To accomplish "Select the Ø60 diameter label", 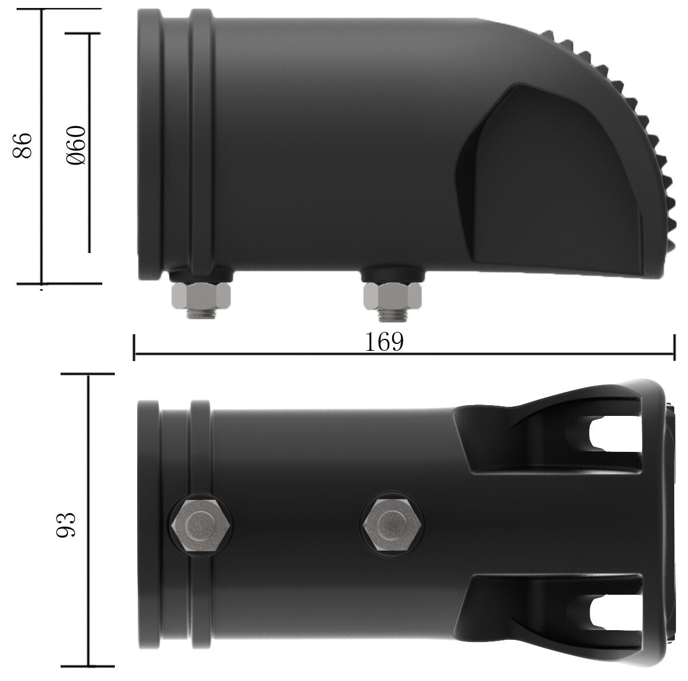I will (x=76, y=146).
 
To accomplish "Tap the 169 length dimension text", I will (x=384, y=343).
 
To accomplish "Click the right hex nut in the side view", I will (x=392, y=295).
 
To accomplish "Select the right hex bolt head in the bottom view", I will (x=392, y=524).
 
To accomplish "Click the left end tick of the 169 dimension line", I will (x=134, y=347).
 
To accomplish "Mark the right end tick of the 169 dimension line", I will (x=675, y=347).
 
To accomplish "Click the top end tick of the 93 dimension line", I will (x=89, y=374).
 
